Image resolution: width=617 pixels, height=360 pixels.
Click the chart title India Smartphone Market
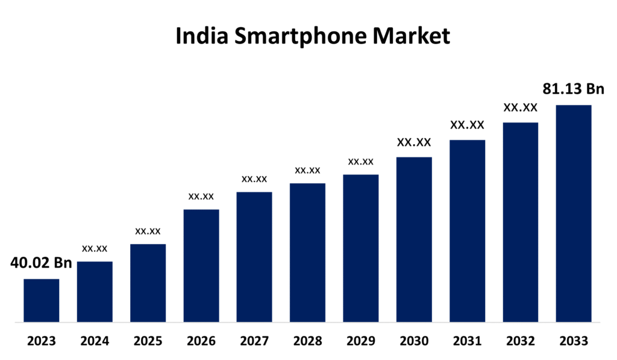[312, 36]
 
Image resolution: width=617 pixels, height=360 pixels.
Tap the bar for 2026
[201, 265]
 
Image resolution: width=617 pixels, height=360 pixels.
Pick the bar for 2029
[361, 248]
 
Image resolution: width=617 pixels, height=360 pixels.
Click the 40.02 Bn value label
[41, 263]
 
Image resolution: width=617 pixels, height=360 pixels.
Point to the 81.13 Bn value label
[573, 89]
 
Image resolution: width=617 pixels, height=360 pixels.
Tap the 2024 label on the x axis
[95, 342]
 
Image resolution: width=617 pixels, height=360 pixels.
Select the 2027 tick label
[254, 342]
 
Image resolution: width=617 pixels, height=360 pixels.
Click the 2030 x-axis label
[414, 342]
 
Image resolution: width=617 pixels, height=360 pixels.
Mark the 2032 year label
[521, 342]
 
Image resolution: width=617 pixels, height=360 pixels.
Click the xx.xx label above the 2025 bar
[148, 231]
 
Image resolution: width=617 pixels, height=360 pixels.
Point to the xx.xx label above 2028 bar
[307, 170]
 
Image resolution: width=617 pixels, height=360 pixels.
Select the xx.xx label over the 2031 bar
[467, 125]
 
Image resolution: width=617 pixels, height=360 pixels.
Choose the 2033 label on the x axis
[574, 342]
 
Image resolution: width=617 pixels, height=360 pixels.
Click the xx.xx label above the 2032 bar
[521, 107]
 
